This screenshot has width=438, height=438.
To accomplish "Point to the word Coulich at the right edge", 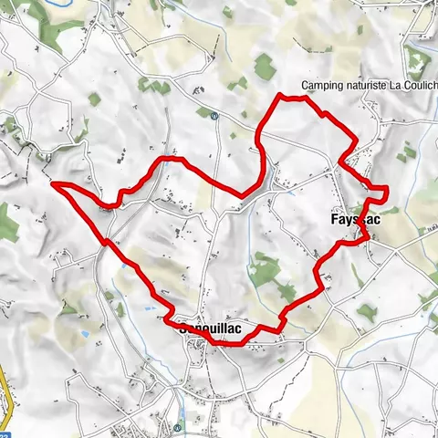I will (x=419, y=89).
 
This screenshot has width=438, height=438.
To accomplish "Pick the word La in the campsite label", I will (x=393, y=89).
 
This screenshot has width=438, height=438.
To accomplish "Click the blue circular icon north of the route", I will (x=214, y=116).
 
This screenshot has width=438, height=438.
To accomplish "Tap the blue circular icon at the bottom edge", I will (x=177, y=426).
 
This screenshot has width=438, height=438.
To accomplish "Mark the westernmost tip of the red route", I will (x=54, y=183).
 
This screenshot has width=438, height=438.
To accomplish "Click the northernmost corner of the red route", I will (x=278, y=95).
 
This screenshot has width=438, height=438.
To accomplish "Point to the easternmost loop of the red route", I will (x=380, y=191).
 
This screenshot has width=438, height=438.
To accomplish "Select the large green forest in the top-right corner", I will (x=418, y=59).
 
